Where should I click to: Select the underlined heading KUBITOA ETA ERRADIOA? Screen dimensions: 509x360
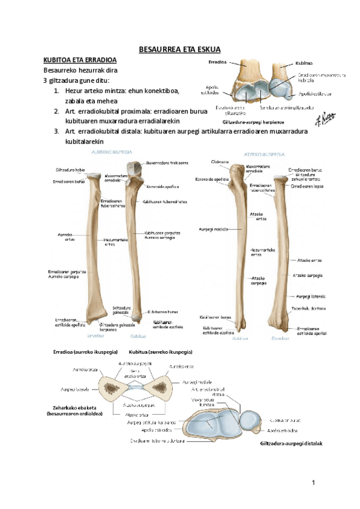click(x=80, y=61)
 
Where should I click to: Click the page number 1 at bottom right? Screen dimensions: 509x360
click(x=313, y=483)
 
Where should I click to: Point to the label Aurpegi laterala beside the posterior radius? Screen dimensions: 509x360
click(x=310, y=296)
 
